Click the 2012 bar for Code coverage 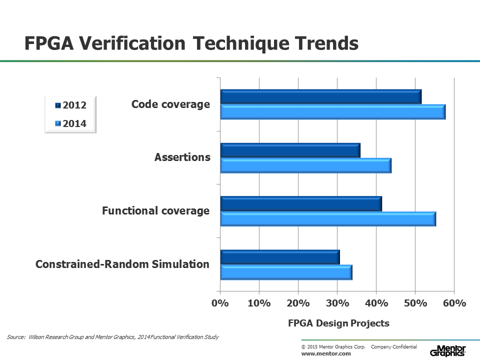(320, 96)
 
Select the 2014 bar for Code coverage (332, 112)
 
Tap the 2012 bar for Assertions (290, 150)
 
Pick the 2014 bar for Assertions (305, 165)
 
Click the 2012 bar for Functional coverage (300, 203)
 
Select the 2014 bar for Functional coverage (327, 219)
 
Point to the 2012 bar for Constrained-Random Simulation (280, 257)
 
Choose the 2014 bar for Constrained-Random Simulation (286, 272)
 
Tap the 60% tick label (454, 303)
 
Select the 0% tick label (220, 303)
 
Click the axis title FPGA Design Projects (338, 323)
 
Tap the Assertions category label (182, 157)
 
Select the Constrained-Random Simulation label (122, 264)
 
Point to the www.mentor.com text (326, 353)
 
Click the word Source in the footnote (16, 337)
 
